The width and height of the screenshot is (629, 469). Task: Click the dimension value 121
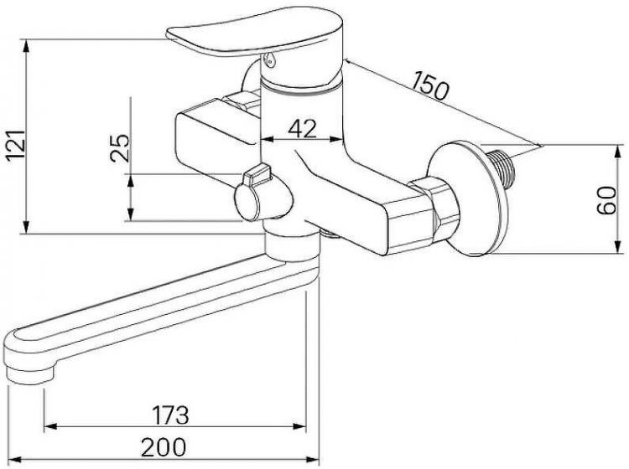17,145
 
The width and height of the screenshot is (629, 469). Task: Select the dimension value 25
120,147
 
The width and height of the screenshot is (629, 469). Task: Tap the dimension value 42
303,129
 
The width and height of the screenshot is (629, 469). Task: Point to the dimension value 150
430,85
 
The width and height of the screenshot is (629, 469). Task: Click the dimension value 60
606,200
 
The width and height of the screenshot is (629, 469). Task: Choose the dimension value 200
164,447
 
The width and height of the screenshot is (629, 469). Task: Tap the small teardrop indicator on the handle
269,59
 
